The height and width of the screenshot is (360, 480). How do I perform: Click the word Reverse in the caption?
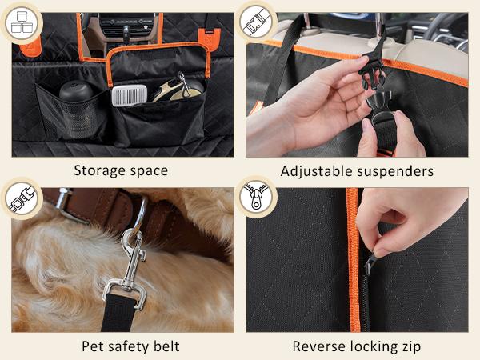320,346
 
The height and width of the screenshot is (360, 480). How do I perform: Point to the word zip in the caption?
410,346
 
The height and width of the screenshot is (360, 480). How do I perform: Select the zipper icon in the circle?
256,198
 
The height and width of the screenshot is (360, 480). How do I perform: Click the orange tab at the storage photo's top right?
212,38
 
